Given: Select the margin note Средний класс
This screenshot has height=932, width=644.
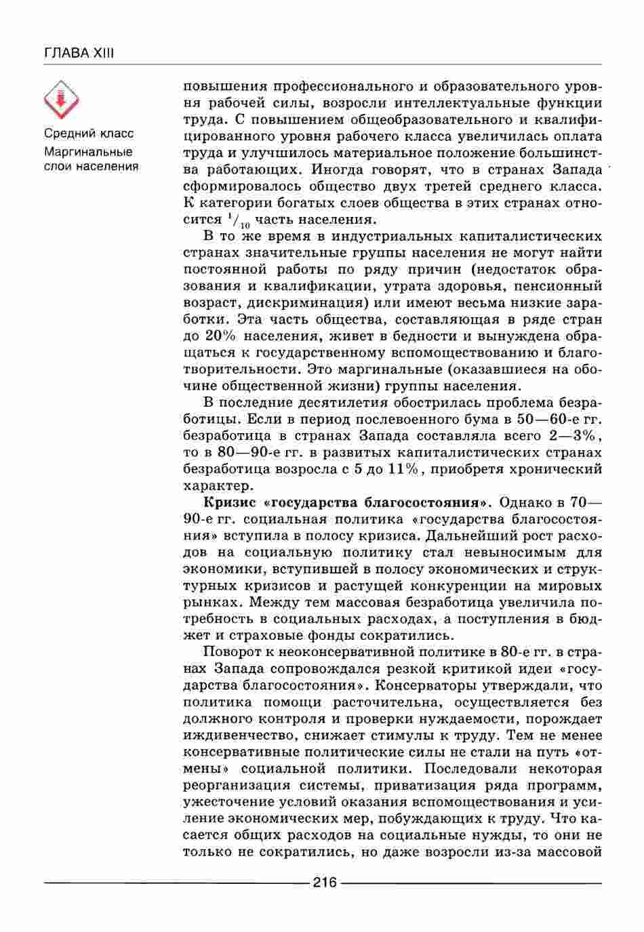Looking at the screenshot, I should (89, 134).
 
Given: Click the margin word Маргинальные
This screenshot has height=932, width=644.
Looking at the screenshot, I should (88, 151).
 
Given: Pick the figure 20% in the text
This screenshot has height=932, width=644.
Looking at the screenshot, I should (218, 336).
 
